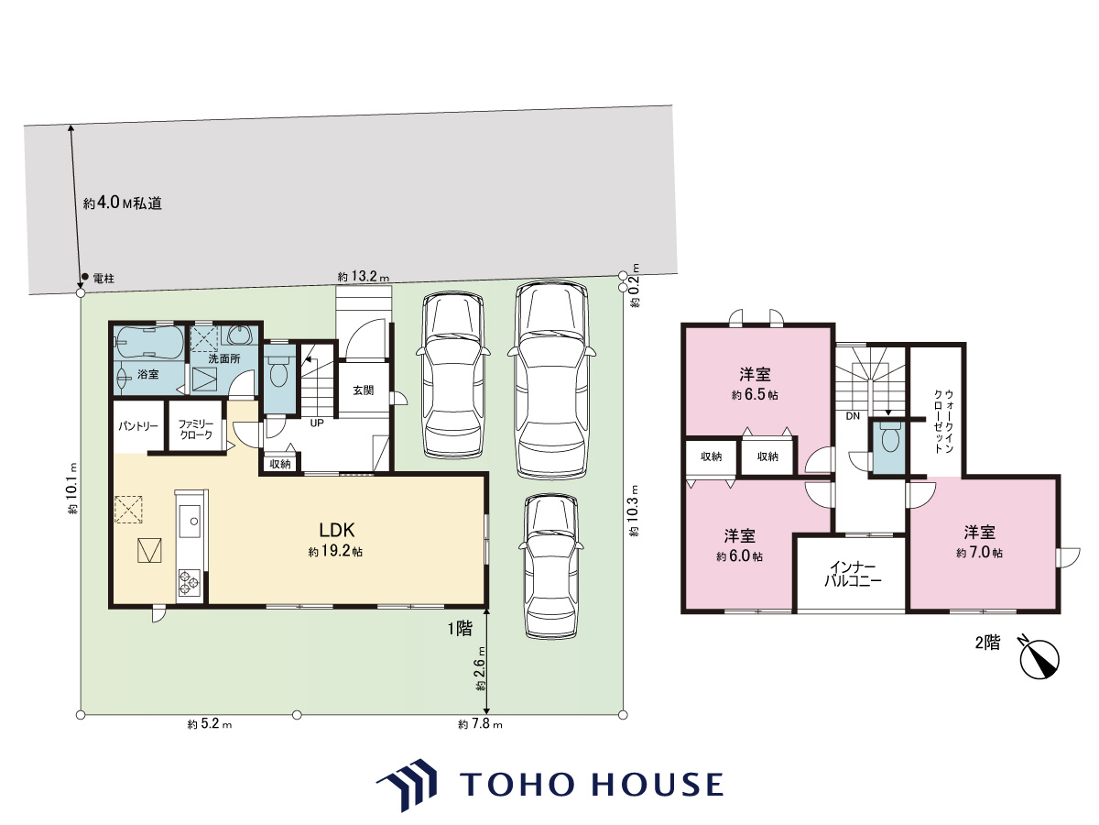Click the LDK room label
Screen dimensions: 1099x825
pyautogui.click(x=337, y=530)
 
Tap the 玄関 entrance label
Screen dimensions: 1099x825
pyautogui.click(x=364, y=390)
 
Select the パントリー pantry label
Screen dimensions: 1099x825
pyautogui.click(x=138, y=426)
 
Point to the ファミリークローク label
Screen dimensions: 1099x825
pyautogui.click(x=196, y=430)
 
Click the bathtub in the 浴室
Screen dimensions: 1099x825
pyautogui.click(x=147, y=343)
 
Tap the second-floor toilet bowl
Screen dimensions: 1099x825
pyautogui.click(x=889, y=439)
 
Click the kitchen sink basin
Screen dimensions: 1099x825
pyautogui.click(x=190, y=521)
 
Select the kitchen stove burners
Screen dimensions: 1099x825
pyautogui.click(x=190, y=582)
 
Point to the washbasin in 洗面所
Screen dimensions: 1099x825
pyautogui.click(x=243, y=335)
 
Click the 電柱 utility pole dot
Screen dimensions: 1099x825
pyautogui.click(x=85, y=277)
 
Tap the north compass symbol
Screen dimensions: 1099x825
pyautogui.click(x=1039, y=660)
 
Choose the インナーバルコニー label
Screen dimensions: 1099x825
pyautogui.click(x=852, y=574)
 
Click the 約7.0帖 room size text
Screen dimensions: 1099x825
pyautogui.click(x=979, y=553)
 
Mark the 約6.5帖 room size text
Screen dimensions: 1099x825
pyautogui.click(x=755, y=395)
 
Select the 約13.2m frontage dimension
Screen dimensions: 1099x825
pyautogui.click(x=363, y=277)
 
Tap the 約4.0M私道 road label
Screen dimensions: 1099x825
pyautogui.click(x=122, y=203)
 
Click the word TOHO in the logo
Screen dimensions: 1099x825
pyautogui.click(x=517, y=785)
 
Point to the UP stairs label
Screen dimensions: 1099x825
pyautogui.click(x=317, y=423)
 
